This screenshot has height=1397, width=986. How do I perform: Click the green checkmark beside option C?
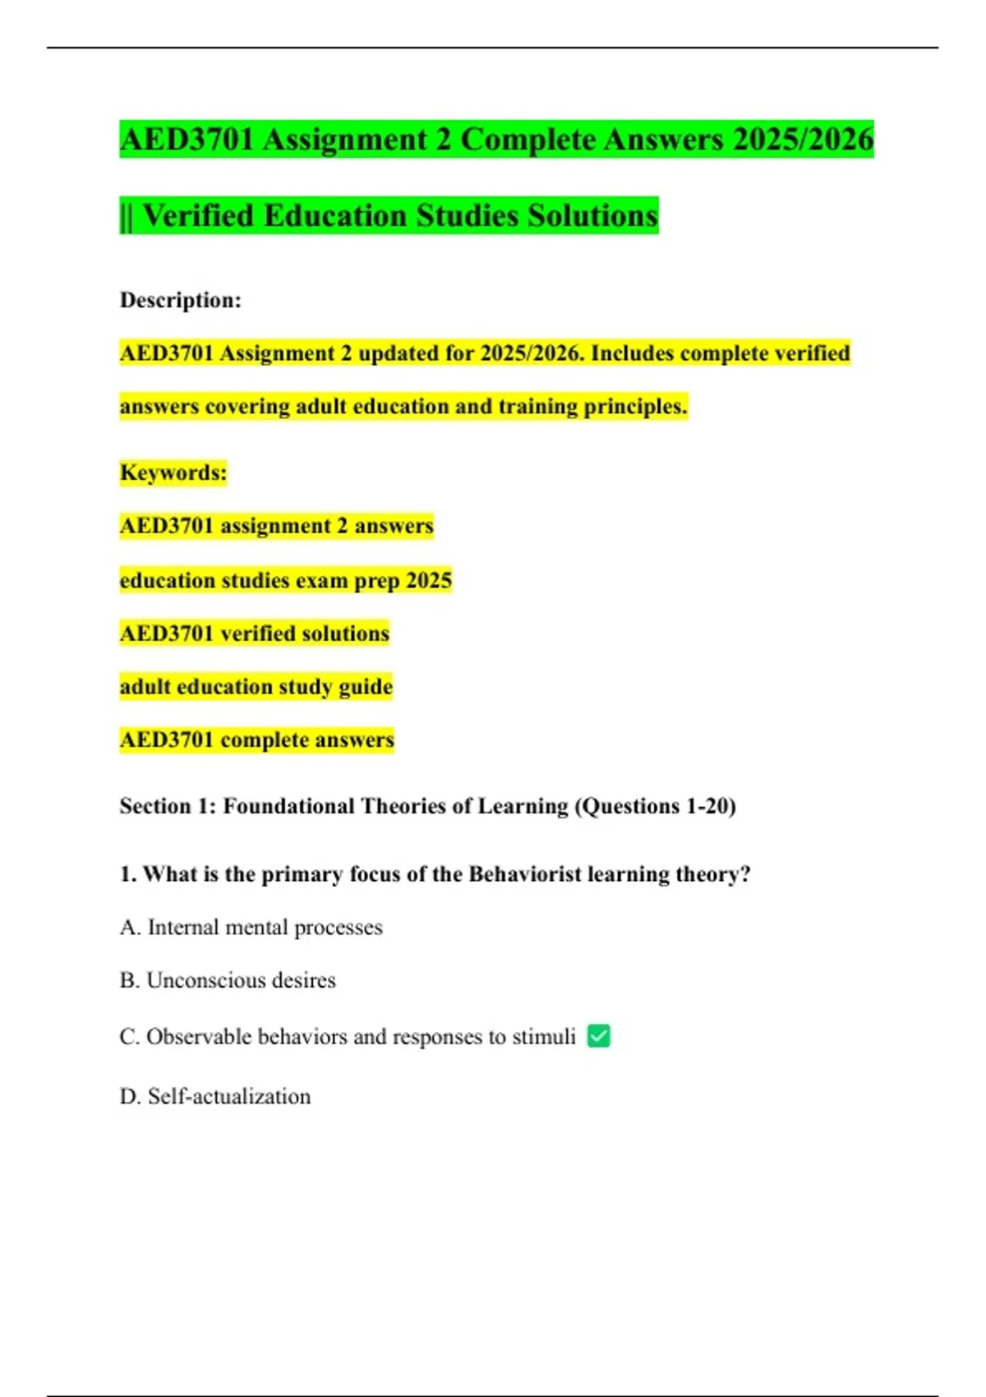[599, 1036]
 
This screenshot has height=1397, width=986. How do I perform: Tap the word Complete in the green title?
[528, 139]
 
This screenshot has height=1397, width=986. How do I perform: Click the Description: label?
[181, 300]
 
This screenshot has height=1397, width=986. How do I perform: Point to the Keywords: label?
[173, 473]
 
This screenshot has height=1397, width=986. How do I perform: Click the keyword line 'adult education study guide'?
[256, 686]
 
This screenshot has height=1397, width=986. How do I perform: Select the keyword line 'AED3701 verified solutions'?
[255, 634]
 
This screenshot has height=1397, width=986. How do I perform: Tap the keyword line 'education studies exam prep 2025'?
[286, 580]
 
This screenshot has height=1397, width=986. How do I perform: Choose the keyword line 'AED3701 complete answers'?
[257, 740]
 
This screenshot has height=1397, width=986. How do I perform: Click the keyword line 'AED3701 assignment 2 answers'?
[277, 526]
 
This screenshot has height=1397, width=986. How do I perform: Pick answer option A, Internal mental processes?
[251, 928]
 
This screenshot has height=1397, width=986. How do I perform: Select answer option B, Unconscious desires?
[228, 980]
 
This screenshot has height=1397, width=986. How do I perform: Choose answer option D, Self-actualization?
[215, 1096]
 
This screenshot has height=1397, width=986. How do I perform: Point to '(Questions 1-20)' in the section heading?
[655, 806]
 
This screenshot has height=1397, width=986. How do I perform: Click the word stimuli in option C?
[544, 1037]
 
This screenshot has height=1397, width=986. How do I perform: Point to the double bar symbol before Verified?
[126, 216]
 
